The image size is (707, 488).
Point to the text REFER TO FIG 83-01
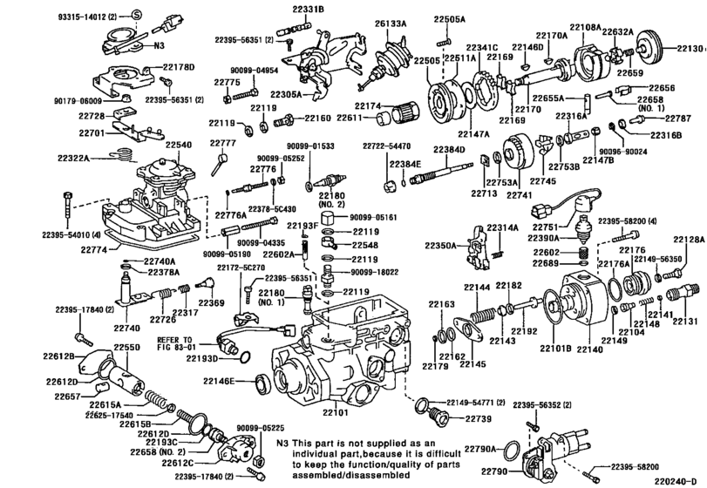coord(179,344)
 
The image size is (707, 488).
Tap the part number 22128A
coord(688,239)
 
